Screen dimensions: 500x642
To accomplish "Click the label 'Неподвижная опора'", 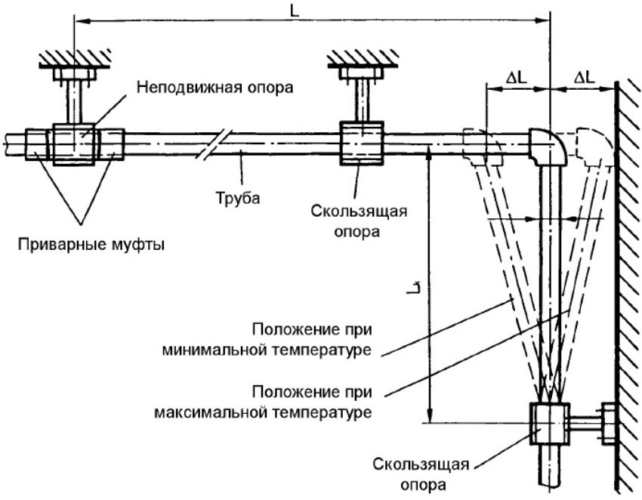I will (x=214, y=87).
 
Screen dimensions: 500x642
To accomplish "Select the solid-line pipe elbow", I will (x=549, y=145).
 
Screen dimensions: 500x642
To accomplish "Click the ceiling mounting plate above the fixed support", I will (x=74, y=74).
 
